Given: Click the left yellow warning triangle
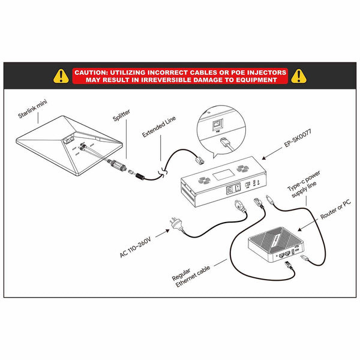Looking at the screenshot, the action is (x=61, y=76).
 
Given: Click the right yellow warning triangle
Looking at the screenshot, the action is (x=298, y=76).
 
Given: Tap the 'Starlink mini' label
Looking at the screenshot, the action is (x=32, y=109).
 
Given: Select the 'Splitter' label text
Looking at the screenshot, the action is (x=121, y=115).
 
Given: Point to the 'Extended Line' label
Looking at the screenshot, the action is (x=159, y=126).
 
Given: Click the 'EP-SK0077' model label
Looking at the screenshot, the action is (x=298, y=138).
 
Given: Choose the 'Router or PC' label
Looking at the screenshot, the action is (x=335, y=209).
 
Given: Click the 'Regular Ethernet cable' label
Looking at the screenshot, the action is (x=191, y=277).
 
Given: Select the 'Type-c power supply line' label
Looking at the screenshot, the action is (x=304, y=184).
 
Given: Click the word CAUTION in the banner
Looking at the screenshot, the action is (x=91, y=73).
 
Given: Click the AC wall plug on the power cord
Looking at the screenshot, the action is (x=176, y=224).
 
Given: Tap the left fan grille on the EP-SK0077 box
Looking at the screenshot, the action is (x=204, y=180).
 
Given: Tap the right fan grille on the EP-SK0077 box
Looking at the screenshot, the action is (x=242, y=169).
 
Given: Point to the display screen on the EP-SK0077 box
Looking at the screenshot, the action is (x=223, y=175).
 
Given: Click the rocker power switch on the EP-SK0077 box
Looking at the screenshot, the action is (x=238, y=188).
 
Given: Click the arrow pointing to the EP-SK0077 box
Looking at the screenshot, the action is (x=272, y=154).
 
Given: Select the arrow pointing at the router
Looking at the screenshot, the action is (x=308, y=225).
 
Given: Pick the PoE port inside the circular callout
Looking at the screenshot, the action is (x=217, y=125).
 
